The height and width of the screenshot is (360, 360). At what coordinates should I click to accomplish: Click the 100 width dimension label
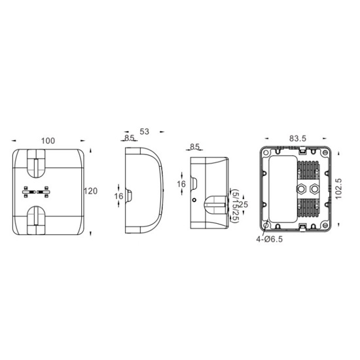tap(48, 141)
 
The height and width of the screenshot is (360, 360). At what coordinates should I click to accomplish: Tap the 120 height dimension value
tap(90, 191)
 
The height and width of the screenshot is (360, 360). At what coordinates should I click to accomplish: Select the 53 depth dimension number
tap(145, 132)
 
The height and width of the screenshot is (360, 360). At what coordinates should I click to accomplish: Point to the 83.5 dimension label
tap(298, 139)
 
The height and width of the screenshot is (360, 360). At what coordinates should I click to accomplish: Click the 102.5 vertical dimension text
tap(339, 189)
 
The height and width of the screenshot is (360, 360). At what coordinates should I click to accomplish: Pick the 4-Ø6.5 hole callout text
tap(270, 239)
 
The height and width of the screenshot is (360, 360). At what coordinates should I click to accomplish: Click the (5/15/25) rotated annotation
tap(236, 206)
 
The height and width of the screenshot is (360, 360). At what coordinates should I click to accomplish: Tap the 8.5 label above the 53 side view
tap(129, 137)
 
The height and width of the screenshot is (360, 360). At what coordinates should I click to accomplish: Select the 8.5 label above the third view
tap(194, 147)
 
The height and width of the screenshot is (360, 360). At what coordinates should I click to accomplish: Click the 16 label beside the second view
tap(118, 196)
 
